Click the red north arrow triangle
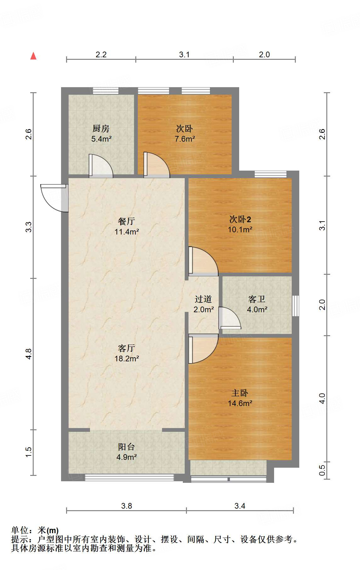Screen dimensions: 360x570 point(33,56)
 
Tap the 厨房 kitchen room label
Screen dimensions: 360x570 point(101,128)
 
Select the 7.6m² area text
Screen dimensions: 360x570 point(185,139)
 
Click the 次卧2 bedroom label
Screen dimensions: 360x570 point(240,219)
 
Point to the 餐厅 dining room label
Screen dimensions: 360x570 point(127,221)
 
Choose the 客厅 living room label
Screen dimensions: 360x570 point(127,348)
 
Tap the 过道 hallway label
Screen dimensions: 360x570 point(203,299)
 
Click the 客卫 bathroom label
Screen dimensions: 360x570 point(257,299)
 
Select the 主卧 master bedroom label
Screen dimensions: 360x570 point(240,393)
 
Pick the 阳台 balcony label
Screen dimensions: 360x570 point(127,447)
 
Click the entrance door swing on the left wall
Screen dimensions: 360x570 point(54,198)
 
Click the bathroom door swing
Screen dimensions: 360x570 point(230,318)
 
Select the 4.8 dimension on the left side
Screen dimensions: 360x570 point(29,354)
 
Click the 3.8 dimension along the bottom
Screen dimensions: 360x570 point(127,506)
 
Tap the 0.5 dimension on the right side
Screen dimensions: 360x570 point(322,471)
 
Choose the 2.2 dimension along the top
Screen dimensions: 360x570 point(101,54)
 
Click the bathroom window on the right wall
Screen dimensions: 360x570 point(295,306)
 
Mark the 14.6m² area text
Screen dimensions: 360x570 point(240,404)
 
